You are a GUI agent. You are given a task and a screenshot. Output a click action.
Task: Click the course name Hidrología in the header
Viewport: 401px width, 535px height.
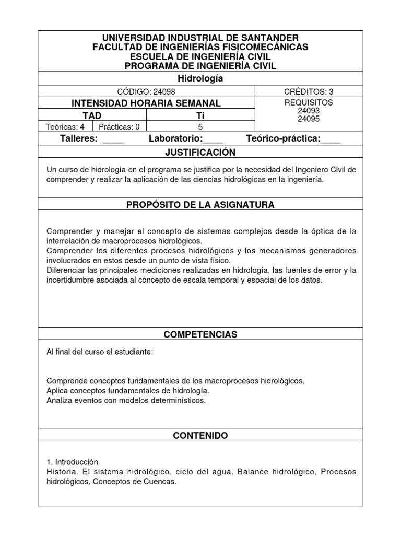[x=200, y=79]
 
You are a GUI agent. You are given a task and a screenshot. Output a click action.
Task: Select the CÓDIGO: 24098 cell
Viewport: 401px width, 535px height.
[x=146, y=91]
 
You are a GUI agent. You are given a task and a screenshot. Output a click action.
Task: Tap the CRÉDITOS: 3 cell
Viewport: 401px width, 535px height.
[x=308, y=91]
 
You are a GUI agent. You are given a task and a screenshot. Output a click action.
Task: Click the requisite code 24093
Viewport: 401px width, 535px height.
[x=308, y=111]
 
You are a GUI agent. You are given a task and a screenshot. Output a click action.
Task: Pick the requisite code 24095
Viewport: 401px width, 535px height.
[x=308, y=119]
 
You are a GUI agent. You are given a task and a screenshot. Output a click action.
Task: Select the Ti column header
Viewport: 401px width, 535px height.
[x=200, y=115]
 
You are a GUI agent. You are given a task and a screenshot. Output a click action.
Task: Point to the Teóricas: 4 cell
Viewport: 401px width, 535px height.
[x=65, y=126]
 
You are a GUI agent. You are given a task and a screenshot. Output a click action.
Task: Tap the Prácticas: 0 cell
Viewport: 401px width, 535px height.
[x=119, y=126]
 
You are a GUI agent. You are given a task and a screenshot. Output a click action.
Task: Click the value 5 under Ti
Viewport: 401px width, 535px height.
[x=200, y=126]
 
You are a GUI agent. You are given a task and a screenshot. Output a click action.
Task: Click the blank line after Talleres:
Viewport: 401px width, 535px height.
[x=113, y=139]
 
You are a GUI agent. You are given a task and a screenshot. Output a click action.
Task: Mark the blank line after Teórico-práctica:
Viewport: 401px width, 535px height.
[x=331, y=139]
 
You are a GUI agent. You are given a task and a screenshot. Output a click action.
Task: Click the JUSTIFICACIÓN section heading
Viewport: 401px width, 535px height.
[x=200, y=153]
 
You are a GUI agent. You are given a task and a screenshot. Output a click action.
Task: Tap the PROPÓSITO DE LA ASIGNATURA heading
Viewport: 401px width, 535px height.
[x=200, y=205]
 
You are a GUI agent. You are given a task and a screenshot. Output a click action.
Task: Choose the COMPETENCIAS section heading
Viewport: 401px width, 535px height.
[x=200, y=334]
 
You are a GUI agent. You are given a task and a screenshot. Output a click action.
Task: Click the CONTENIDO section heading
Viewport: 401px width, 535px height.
[x=200, y=435]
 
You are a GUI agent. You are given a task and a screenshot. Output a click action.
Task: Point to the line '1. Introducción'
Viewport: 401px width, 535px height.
[x=73, y=462]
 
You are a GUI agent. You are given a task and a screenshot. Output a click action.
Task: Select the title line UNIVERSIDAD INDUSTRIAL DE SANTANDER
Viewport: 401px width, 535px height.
[x=200, y=38]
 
